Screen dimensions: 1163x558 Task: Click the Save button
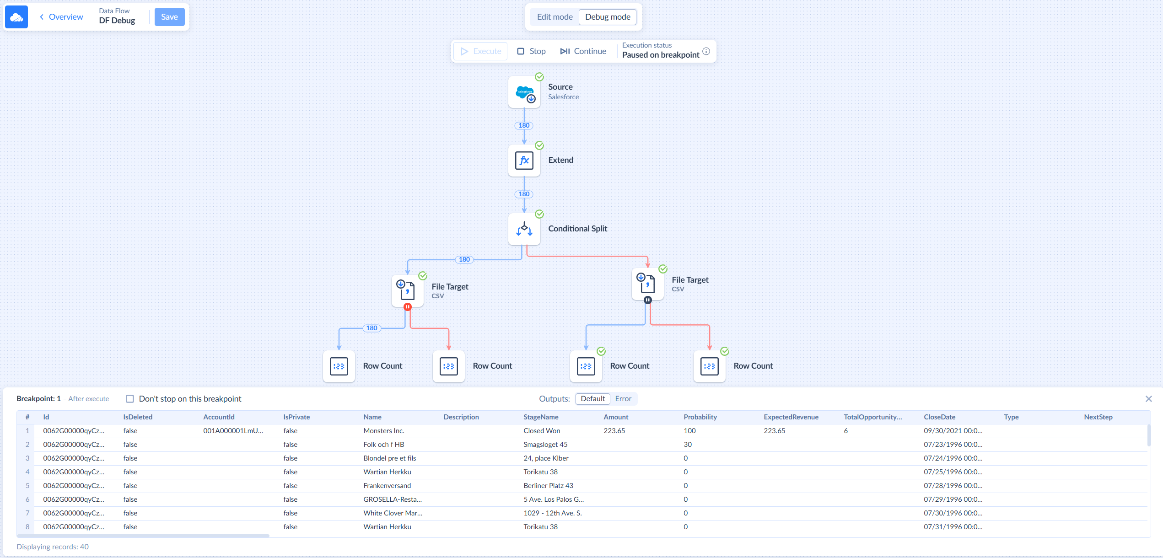pyautogui.click(x=169, y=17)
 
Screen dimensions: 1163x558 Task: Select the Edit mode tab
pyautogui.click(x=555, y=17)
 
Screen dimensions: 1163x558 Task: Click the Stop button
pyautogui.click(x=531, y=51)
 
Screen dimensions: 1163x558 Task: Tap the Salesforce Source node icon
pyautogui.click(x=524, y=92)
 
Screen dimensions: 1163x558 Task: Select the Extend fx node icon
pyautogui.click(x=524, y=161)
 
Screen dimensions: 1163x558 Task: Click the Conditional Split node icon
pyautogui.click(x=524, y=229)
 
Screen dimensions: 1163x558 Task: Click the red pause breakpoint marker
pyautogui.click(x=408, y=307)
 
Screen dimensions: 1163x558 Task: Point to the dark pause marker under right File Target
pyautogui.click(x=648, y=300)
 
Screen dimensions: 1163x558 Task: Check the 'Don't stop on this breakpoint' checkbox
pyautogui.click(x=130, y=399)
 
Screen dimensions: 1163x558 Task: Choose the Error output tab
pyautogui.click(x=623, y=399)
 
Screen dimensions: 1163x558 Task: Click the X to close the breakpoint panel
pyautogui.click(x=1148, y=399)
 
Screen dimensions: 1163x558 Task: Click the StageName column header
pyautogui.click(x=541, y=417)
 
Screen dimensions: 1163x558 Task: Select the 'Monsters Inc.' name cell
pyautogui.click(x=384, y=431)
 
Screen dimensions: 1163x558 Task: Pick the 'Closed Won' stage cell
pyautogui.click(x=542, y=431)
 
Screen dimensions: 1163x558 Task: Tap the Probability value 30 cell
pyautogui.click(x=688, y=445)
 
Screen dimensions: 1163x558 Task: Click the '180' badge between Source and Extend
pyautogui.click(x=524, y=125)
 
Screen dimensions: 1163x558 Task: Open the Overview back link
pyautogui.click(x=61, y=17)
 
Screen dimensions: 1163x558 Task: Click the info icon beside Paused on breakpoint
pyautogui.click(x=706, y=51)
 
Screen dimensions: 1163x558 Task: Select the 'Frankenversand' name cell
pyautogui.click(x=387, y=486)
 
